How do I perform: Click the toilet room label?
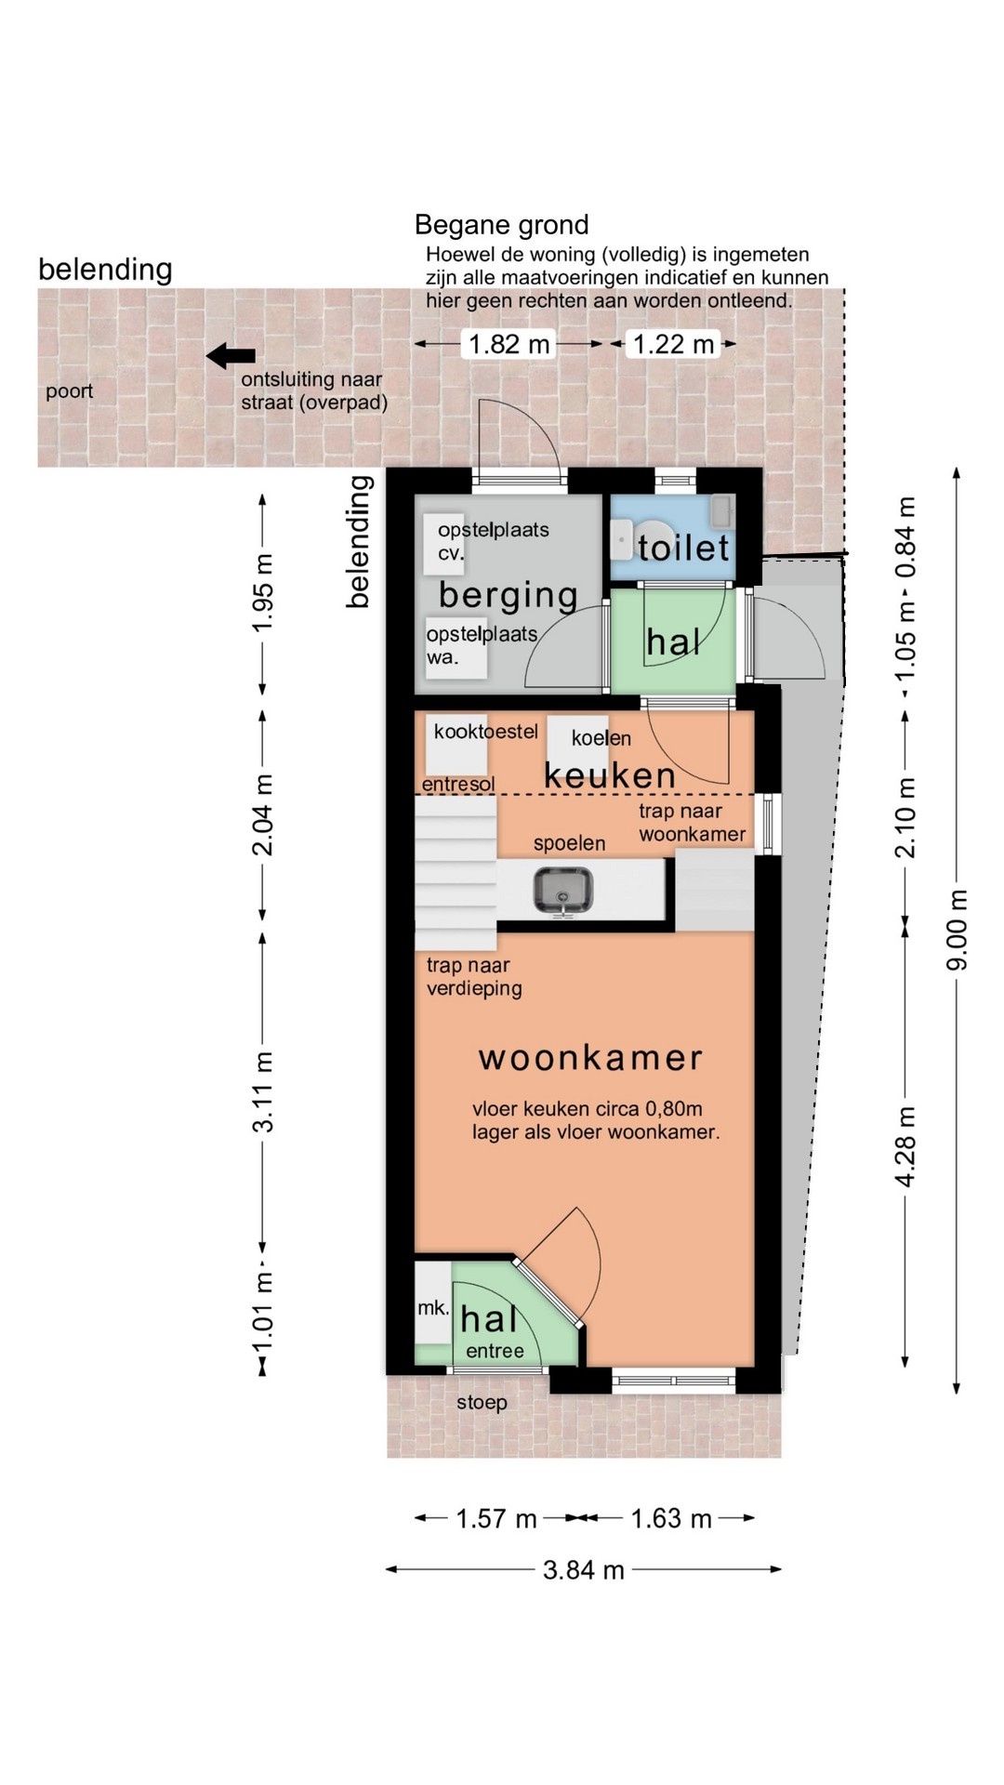tap(683, 548)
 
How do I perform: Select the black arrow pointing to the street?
tap(231, 355)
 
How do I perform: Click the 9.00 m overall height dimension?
tap(958, 930)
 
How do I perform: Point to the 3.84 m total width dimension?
tap(583, 1570)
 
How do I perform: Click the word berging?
tap(509, 595)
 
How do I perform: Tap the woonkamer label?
tap(590, 1057)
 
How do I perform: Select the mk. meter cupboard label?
tap(432, 1308)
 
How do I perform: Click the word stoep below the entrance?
tap(482, 1402)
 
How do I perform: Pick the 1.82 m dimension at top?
tap(509, 344)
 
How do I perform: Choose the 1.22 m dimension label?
tap(673, 344)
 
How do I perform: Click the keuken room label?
tap(610, 774)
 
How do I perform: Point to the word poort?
tap(70, 391)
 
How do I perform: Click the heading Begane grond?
tap(501, 225)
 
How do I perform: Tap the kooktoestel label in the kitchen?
tap(485, 732)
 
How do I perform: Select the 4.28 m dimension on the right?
tap(905, 1146)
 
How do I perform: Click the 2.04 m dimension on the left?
tap(263, 814)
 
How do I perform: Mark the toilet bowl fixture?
tap(623, 539)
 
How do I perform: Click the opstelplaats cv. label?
tap(493, 541)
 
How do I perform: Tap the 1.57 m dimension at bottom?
tap(495, 1519)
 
